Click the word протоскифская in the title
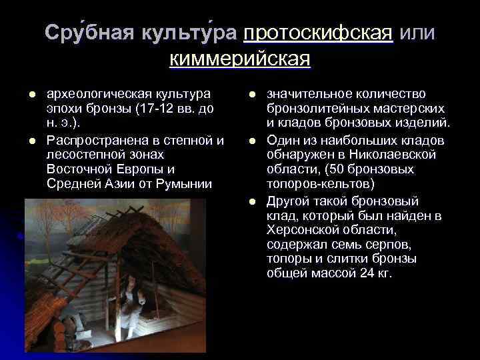(x=318, y=33)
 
